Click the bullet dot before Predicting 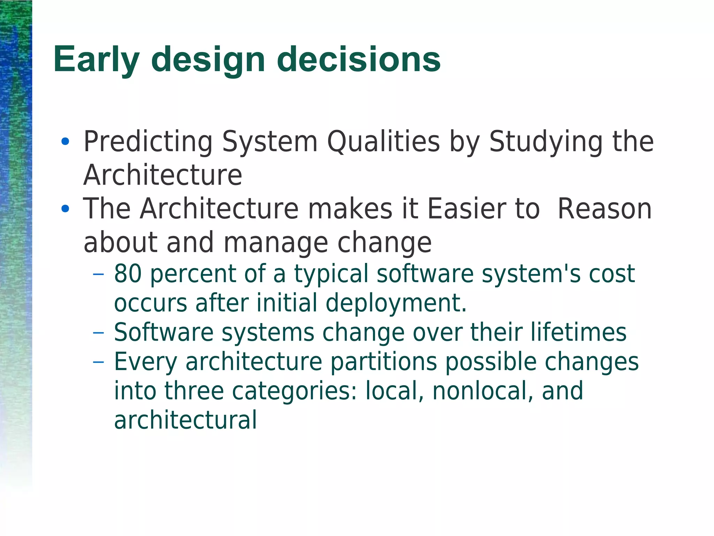click(x=65, y=142)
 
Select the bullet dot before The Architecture click(x=65, y=209)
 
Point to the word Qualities click(x=383, y=142)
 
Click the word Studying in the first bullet click(x=546, y=142)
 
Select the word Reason click(x=605, y=209)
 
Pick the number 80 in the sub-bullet click(x=128, y=273)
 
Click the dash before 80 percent click(x=99, y=274)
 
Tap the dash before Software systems click(x=99, y=333)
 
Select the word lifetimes click(x=578, y=332)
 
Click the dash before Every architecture click(x=99, y=362)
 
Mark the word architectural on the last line click(x=185, y=420)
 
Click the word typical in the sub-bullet click(x=331, y=274)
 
